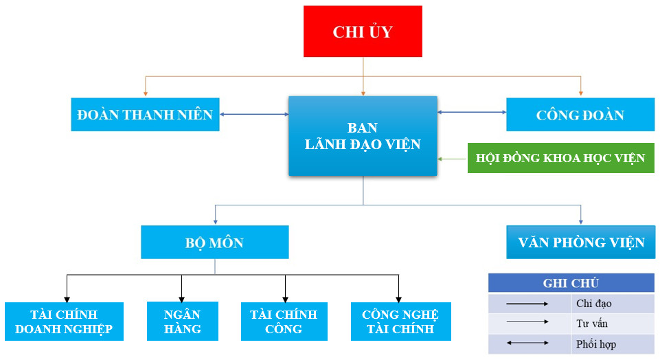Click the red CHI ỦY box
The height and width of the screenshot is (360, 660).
[x=363, y=32]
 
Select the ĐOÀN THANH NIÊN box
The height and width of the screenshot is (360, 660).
[x=145, y=114]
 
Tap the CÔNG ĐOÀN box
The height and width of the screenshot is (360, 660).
[x=580, y=114]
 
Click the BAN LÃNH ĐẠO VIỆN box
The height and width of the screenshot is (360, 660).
[x=363, y=136]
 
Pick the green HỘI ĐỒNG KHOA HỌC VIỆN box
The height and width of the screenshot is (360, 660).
[x=560, y=158]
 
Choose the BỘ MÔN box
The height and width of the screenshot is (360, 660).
[x=214, y=243]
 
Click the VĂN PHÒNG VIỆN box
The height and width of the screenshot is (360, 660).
[x=581, y=243]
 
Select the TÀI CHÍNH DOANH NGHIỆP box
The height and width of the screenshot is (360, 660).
[x=64, y=322]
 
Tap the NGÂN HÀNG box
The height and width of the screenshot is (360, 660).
[x=183, y=322]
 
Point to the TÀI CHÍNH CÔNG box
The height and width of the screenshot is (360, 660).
[x=284, y=322]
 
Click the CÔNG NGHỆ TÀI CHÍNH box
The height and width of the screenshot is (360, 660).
[x=400, y=322]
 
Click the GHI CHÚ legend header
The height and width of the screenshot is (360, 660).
[x=571, y=283]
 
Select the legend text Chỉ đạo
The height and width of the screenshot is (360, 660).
[x=595, y=303]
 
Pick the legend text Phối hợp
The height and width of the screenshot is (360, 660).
[x=596, y=343]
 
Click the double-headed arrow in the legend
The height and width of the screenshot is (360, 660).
[x=527, y=342]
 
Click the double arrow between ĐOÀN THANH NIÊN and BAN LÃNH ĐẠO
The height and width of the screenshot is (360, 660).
[x=255, y=114]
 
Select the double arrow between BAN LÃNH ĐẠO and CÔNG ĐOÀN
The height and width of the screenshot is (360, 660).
[x=472, y=112]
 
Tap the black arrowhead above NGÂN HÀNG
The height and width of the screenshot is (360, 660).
[x=182, y=297]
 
